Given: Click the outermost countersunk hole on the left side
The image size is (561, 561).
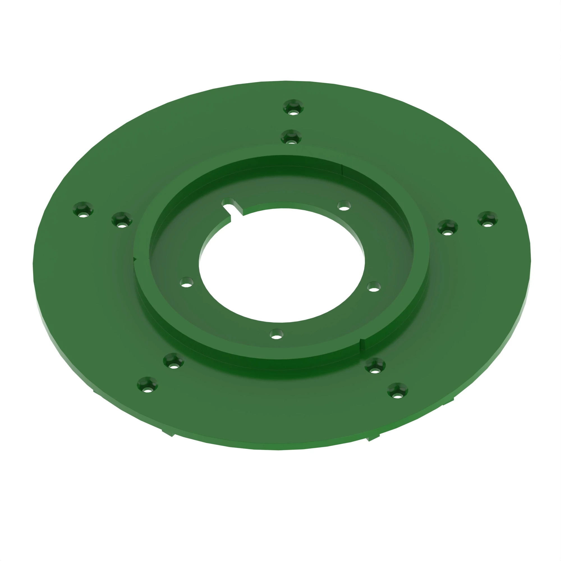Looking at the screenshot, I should click(x=83, y=209).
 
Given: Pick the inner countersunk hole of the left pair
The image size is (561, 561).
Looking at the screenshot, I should click(x=122, y=220).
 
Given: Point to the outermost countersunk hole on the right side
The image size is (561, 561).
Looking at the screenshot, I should click(x=488, y=219).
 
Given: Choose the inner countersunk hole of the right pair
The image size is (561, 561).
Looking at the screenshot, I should click(x=447, y=227).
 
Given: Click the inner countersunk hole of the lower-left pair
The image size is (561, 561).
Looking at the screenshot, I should click(x=173, y=361).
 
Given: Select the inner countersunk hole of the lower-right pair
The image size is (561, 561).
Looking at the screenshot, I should click(x=375, y=365).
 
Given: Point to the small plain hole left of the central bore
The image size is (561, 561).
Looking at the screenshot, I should click(x=187, y=282).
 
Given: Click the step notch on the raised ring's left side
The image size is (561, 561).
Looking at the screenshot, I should click(x=135, y=258).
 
